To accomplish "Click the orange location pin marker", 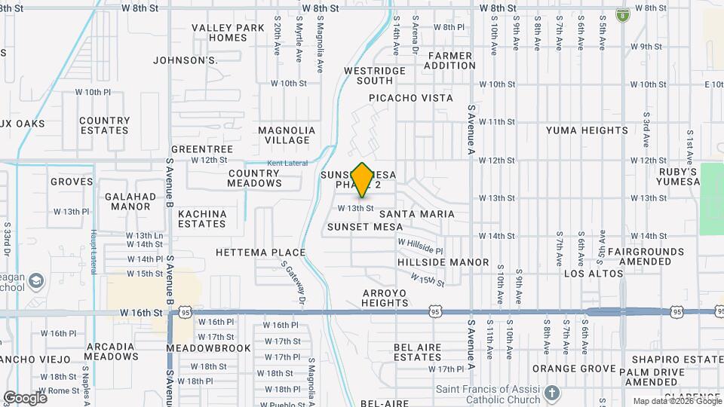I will pos(363,179).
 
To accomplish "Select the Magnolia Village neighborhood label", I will pos(287,135).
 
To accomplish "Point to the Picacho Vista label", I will pos(411,98).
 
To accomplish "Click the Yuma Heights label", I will pos(587,130).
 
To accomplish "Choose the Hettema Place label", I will pos(260,252).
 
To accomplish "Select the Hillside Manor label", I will pos(443,262).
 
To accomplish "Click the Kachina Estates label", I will pos(202,219).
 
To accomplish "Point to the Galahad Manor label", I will pos(127,201).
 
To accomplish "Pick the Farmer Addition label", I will pos(450,60).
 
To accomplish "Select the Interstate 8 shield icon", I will pos(622,14).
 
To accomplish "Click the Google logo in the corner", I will pos(25,397).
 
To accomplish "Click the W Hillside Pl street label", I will pos(420,246).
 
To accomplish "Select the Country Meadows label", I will pos(254,178).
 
